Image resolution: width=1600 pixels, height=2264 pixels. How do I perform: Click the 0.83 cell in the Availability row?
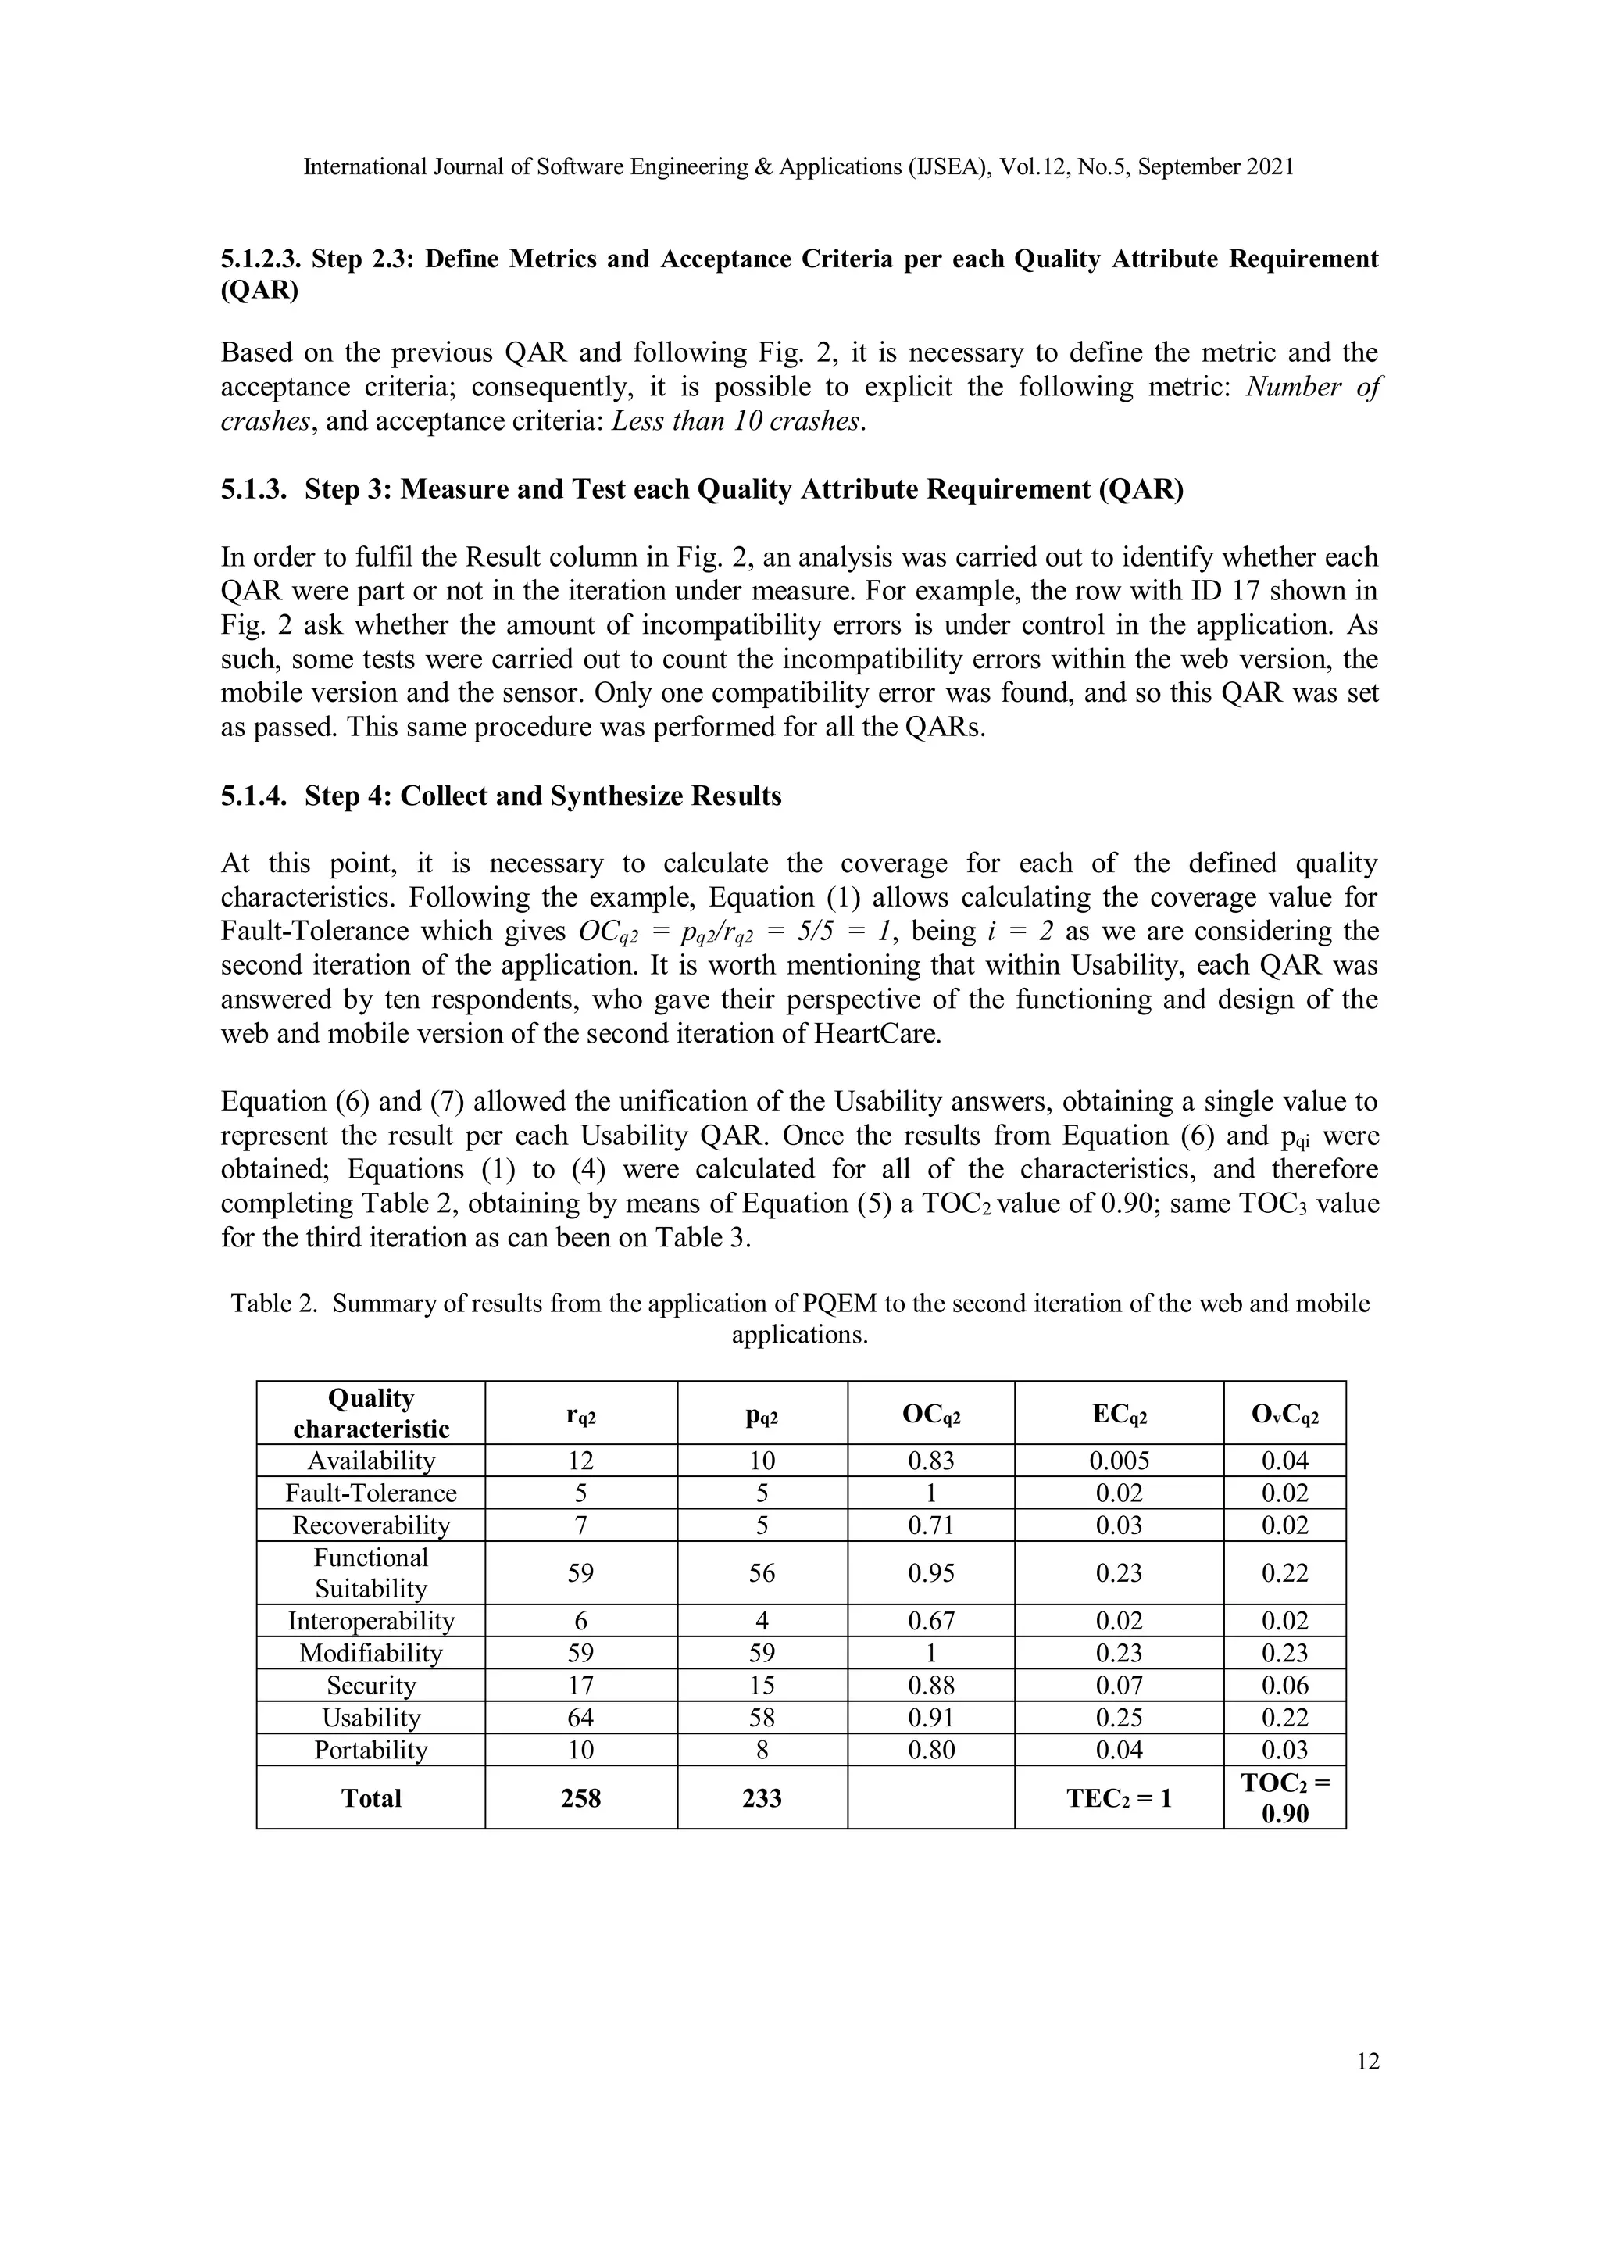(x=930, y=1461)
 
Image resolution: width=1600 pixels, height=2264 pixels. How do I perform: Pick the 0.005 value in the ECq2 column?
(x=1118, y=1461)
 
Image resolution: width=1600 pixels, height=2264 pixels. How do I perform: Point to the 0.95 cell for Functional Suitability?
(x=930, y=1573)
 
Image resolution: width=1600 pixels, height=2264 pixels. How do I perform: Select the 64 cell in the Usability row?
(x=580, y=1718)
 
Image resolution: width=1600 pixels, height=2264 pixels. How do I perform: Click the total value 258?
(x=580, y=1797)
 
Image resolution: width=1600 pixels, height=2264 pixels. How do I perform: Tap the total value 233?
(x=761, y=1797)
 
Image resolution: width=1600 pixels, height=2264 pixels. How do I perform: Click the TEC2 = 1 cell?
(x=1118, y=1797)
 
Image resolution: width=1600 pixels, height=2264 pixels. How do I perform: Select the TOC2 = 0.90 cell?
(x=1284, y=1797)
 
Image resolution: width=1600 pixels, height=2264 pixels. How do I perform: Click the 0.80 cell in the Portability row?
(x=930, y=1751)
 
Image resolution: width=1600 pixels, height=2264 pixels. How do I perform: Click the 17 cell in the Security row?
(x=580, y=1685)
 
